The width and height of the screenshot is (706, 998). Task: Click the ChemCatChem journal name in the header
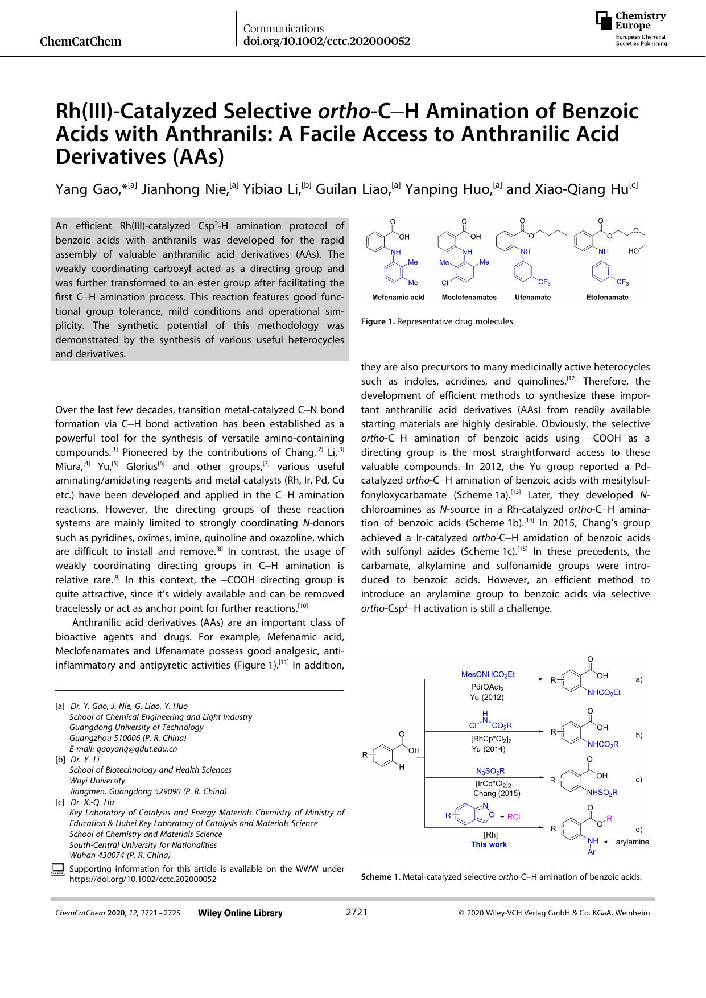(81, 42)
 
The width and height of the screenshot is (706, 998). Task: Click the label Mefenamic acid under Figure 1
(398, 297)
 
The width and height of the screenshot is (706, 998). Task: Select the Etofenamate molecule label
(607, 297)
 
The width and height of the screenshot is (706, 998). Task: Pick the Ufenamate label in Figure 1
(532, 297)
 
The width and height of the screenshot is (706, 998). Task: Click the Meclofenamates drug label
(469, 297)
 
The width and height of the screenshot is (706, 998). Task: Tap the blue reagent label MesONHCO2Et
(488, 674)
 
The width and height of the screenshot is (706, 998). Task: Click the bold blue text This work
(489, 844)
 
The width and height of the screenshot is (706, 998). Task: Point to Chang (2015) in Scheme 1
(497, 793)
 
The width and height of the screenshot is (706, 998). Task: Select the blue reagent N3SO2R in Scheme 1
(490, 771)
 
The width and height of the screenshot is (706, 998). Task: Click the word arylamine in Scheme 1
(632, 842)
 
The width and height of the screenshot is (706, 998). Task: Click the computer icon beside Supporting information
(57, 869)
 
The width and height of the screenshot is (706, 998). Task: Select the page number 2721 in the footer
(357, 913)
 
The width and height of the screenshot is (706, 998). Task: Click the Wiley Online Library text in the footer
(240, 913)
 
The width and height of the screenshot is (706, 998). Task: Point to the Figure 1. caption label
(378, 321)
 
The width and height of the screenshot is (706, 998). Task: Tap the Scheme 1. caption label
(381, 877)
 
